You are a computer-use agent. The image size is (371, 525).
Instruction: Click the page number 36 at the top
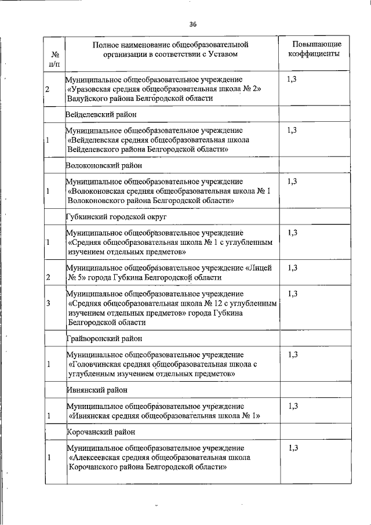tap(193, 24)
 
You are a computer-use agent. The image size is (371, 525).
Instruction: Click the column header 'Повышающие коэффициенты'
tap(317, 49)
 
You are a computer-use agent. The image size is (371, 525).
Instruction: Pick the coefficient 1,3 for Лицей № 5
tap(292, 267)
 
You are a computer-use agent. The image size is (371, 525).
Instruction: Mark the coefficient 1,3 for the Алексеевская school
tap(292, 448)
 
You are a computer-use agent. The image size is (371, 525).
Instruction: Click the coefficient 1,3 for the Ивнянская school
tap(292, 405)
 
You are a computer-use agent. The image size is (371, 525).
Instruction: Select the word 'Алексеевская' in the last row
tap(95, 458)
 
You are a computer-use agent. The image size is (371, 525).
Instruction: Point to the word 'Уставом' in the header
tap(223, 54)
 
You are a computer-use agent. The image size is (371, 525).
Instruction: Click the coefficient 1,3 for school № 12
tap(292, 294)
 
